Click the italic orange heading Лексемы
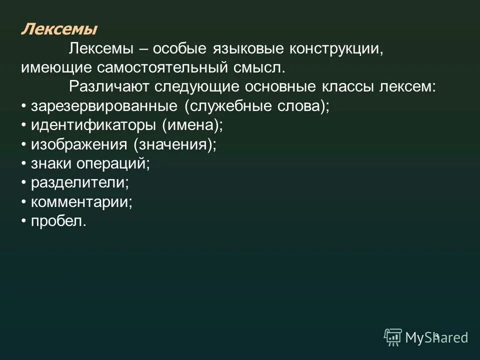click(59, 29)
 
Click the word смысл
click(260, 67)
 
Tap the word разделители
click(80, 182)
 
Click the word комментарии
click(82, 202)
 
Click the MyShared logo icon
click(392, 336)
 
